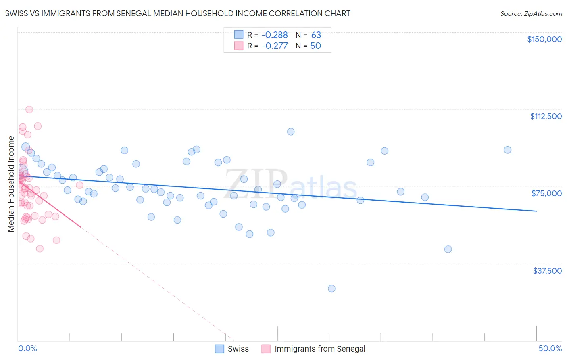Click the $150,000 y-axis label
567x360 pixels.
[544, 39]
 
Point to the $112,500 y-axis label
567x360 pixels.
[546, 116]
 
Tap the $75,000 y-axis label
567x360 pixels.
[546, 193]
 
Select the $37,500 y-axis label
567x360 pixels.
[547, 271]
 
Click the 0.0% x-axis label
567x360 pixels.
[27, 348]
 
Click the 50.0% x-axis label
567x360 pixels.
[550, 348]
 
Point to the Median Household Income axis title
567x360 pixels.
[11, 184]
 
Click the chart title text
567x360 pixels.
[177, 13]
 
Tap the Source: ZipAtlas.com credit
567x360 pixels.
[531, 13]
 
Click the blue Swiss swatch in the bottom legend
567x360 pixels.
[219, 349]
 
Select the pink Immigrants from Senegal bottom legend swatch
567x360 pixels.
[266, 349]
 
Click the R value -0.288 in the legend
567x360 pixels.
[275, 35]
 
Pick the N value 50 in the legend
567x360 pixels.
[315, 46]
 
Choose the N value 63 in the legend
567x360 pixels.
[316, 35]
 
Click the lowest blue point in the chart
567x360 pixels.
[331, 289]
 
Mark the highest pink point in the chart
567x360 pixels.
[29, 109]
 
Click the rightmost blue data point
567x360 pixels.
[507, 150]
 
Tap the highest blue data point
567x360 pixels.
[291, 132]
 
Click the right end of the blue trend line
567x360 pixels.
[536, 211]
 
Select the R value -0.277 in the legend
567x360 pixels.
[275, 46]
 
